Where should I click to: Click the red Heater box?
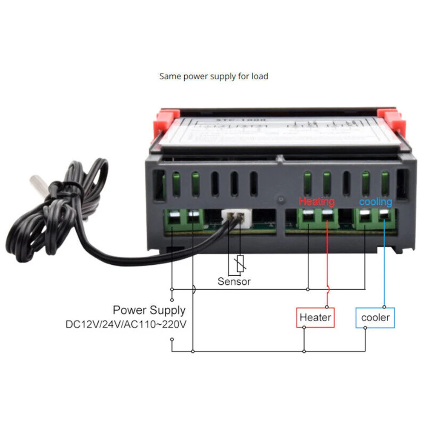click(315, 317)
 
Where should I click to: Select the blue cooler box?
click(375, 317)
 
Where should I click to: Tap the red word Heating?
click(317, 201)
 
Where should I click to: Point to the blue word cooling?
click(375, 201)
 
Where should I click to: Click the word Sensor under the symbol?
click(234, 281)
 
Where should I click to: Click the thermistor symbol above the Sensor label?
click(240, 264)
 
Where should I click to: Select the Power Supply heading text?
click(149, 310)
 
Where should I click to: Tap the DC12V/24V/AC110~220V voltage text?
click(126, 325)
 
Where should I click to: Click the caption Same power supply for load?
click(214, 77)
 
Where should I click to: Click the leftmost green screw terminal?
click(173, 219)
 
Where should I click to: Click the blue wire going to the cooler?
click(385, 264)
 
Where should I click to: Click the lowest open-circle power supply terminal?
click(172, 339)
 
